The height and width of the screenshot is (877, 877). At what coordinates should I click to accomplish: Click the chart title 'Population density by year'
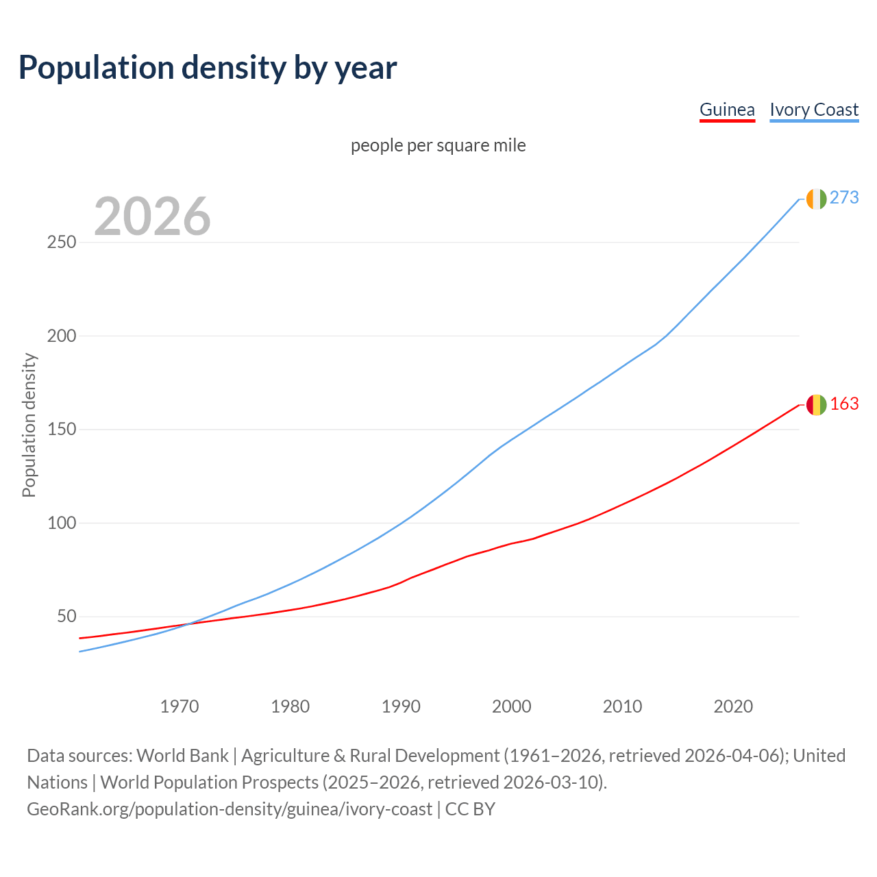click(x=208, y=67)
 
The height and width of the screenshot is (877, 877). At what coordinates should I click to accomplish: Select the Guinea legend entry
click(x=727, y=110)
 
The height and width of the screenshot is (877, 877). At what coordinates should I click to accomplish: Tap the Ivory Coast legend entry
click(x=814, y=110)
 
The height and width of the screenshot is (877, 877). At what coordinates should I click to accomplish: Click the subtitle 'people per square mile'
click(x=438, y=145)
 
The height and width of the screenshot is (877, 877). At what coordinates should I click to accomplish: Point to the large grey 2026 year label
click(x=152, y=217)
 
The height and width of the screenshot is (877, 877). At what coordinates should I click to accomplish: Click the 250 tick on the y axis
click(x=62, y=243)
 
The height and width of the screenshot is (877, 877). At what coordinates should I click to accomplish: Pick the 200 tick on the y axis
click(x=62, y=336)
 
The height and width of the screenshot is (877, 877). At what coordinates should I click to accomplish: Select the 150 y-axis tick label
click(x=62, y=430)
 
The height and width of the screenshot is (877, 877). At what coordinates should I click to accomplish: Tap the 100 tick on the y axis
click(x=62, y=523)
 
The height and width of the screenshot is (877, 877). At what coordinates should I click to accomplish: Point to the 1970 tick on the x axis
click(x=180, y=706)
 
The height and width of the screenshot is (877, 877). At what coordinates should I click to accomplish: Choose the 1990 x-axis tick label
click(x=401, y=706)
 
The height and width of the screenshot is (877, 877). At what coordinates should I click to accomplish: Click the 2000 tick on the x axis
click(x=512, y=706)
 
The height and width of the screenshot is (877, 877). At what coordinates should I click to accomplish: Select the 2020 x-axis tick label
click(x=733, y=706)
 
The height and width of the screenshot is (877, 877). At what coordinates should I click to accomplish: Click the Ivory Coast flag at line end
click(x=816, y=199)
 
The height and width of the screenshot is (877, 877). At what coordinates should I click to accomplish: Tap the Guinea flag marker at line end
click(x=816, y=405)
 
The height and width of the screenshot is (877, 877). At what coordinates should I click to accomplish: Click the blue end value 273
click(x=844, y=197)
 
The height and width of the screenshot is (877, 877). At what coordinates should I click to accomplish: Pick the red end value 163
click(x=844, y=404)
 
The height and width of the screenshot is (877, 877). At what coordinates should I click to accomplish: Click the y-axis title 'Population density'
click(x=29, y=425)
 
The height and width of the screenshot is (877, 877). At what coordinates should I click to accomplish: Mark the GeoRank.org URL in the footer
click(x=230, y=809)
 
